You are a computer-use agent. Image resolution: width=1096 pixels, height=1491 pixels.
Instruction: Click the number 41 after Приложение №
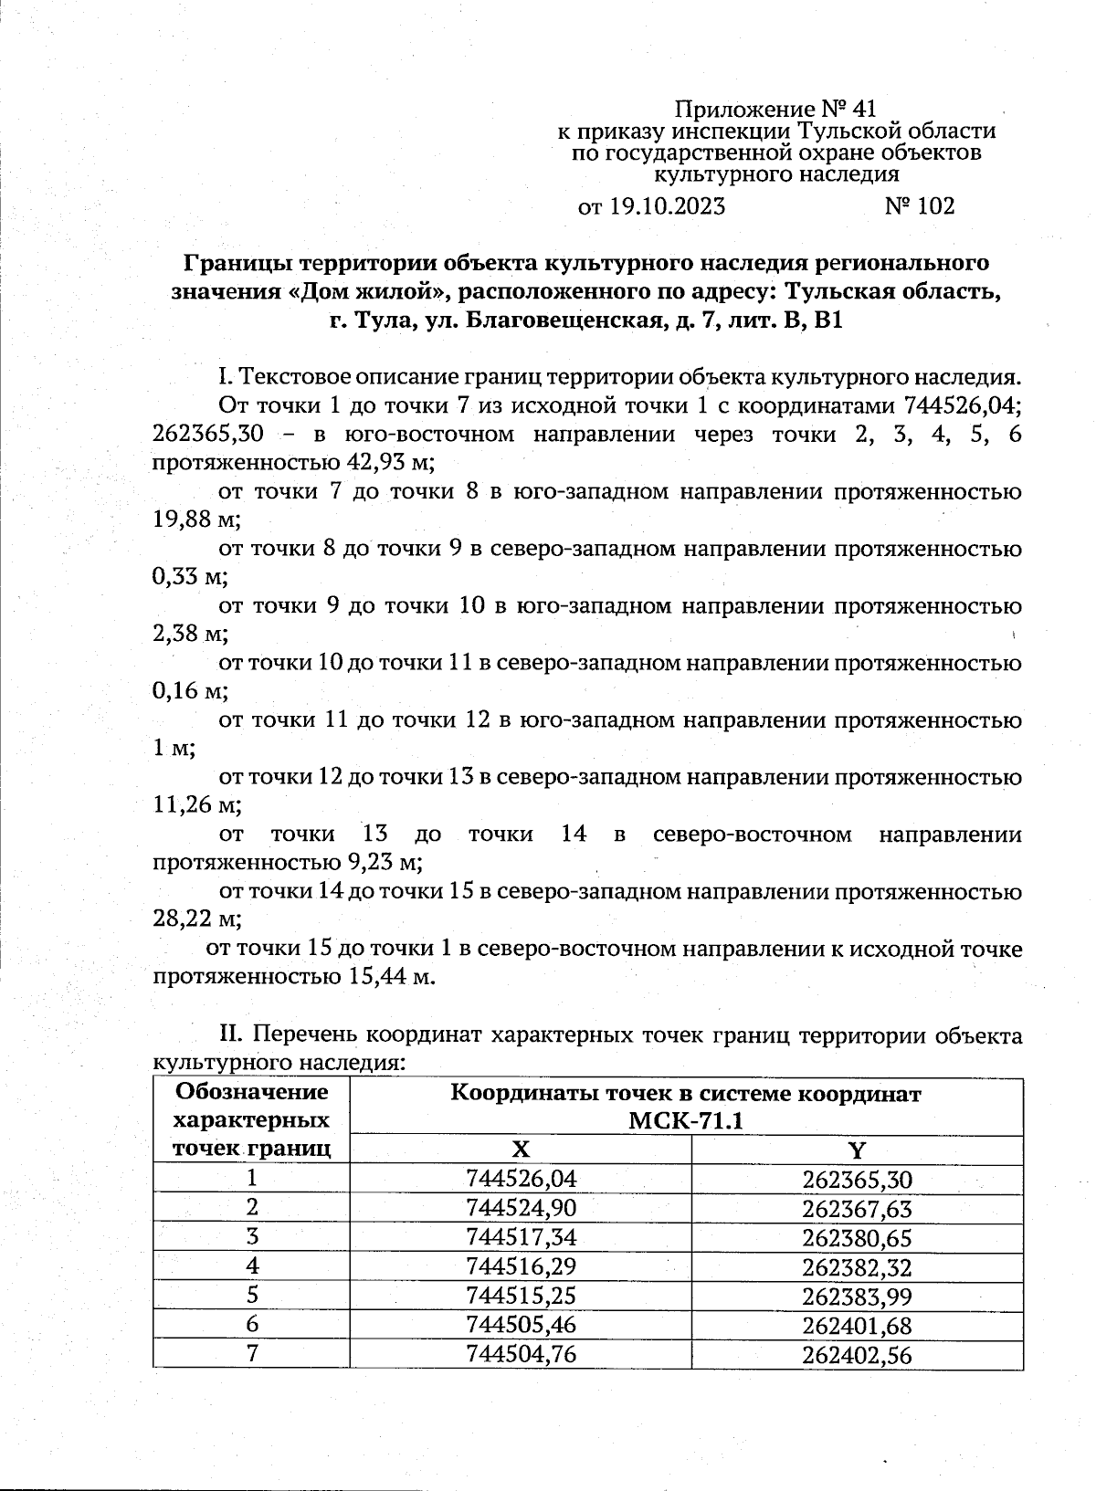862,110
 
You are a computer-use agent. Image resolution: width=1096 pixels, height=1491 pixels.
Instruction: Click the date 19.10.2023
667,206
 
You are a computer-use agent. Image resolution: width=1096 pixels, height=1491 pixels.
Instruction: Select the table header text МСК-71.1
685,1121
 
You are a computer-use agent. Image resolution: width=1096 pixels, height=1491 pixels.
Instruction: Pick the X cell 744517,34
521,1238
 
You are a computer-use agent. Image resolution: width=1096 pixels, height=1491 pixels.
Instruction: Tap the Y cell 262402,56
857,1356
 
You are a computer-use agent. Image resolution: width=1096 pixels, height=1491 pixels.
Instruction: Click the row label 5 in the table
252,1297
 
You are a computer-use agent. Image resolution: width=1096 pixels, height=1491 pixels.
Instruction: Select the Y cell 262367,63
857,1209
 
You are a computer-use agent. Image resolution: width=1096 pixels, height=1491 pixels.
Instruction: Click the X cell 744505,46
521,1326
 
